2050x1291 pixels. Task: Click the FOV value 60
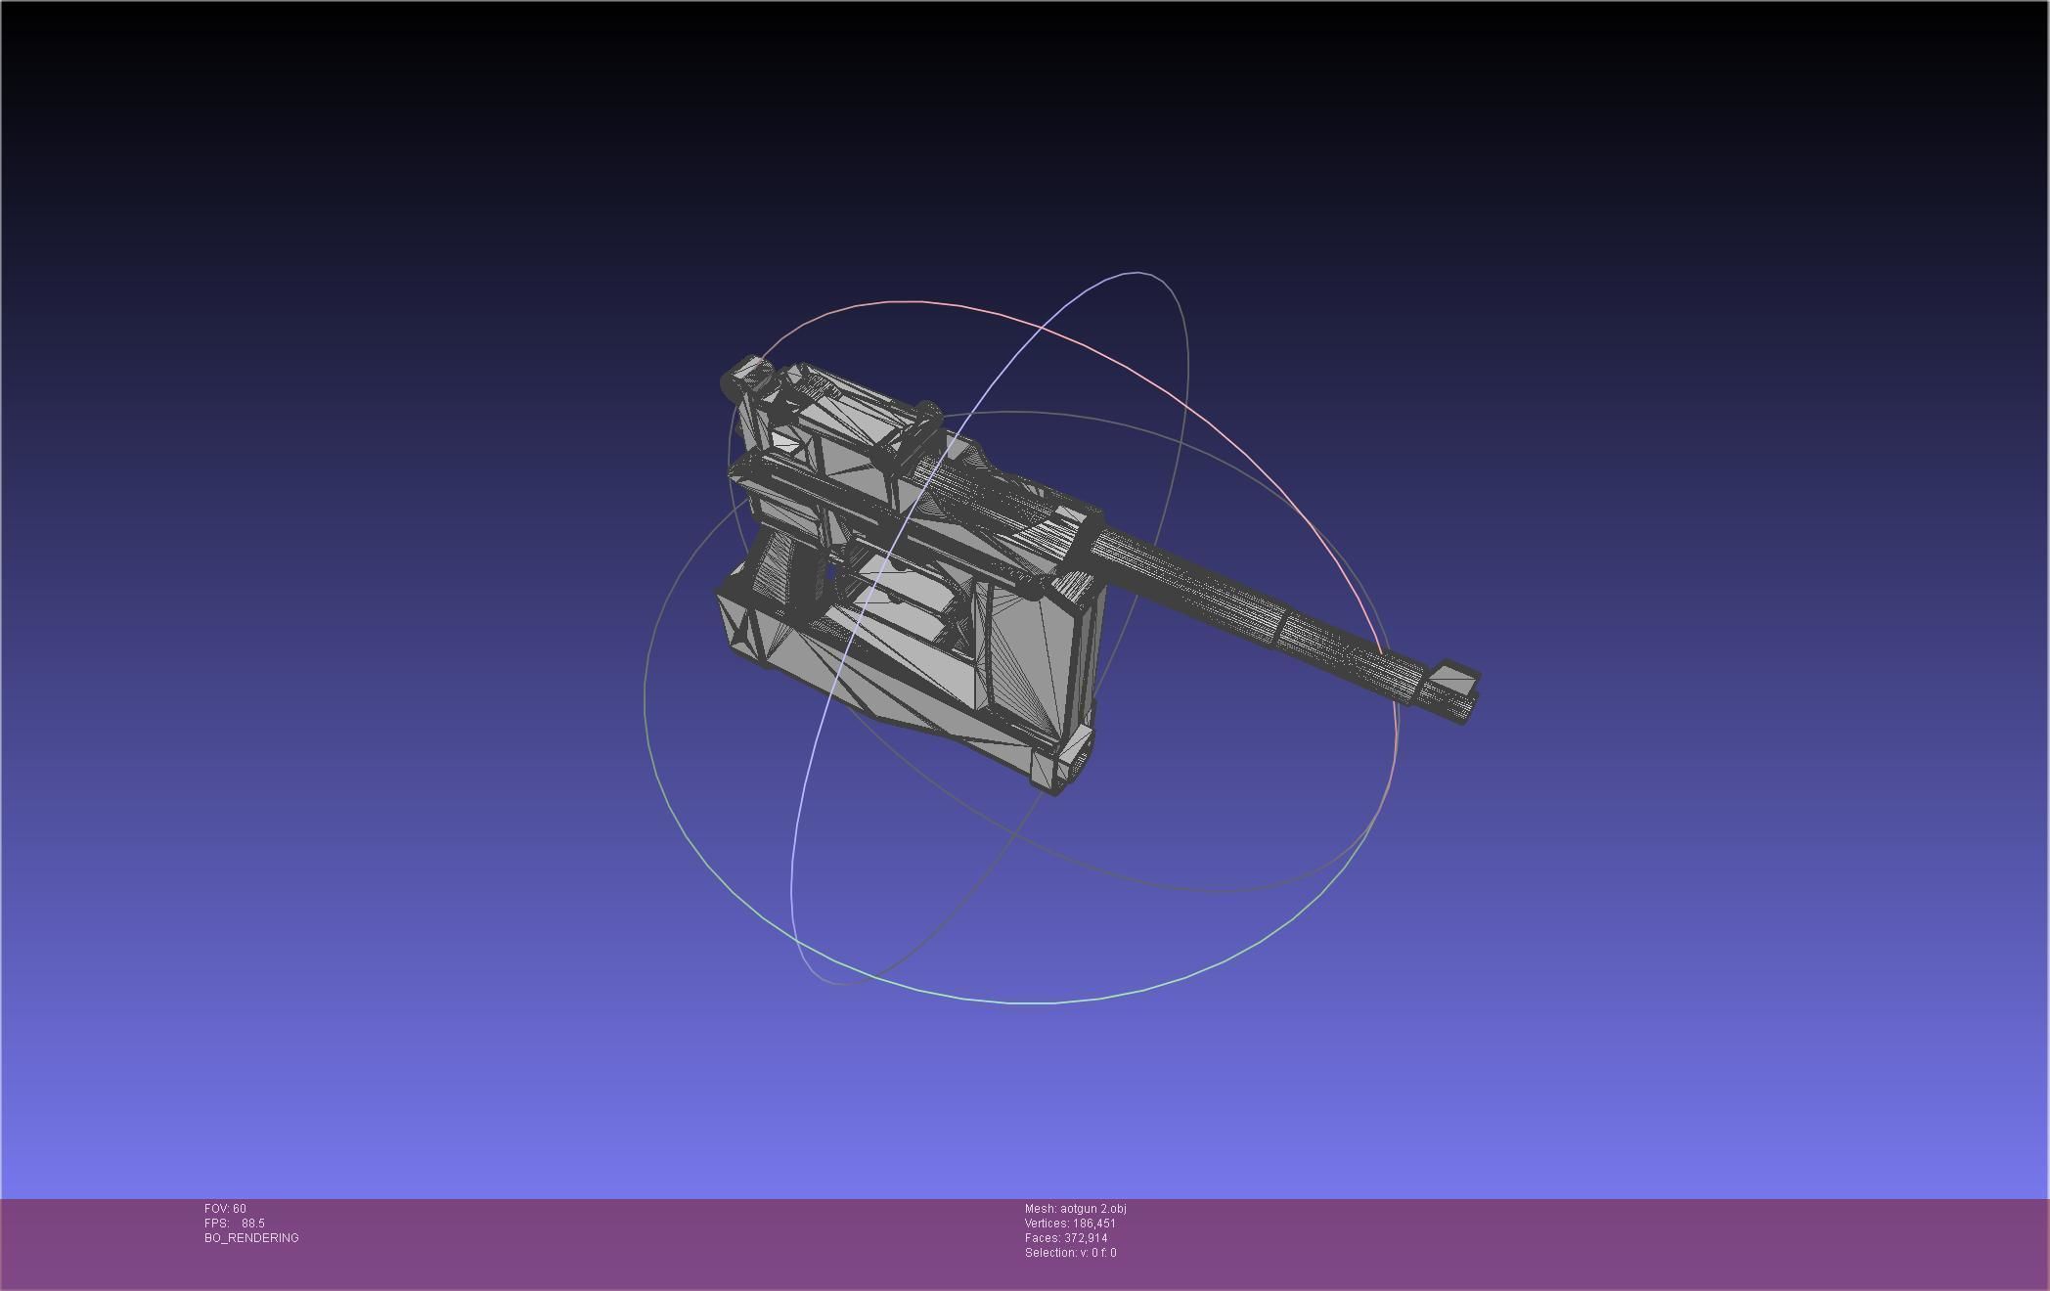pyautogui.click(x=240, y=1209)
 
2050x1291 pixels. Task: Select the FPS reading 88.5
pyautogui.click(x=253, y=1224)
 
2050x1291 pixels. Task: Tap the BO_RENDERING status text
pyautogui.click(x=251, y=1238)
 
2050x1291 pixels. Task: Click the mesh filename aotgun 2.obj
pyautogui.click(x=1092, y=1209)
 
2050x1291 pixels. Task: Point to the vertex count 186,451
pyautogui.click(x=1093, y=1224)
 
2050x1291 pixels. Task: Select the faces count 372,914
pyautogui.click(x=1086, y=1238)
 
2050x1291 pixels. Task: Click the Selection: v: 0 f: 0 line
pyautogui.click(x=1070, y=1253)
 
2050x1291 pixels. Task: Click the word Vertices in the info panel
pyautogui.click(x=1046, y=1224)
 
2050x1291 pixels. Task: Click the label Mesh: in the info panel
pyautogui.click(x=1040, y=1209)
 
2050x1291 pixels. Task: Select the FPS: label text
pyautogui.click(x=216, y=1224)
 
